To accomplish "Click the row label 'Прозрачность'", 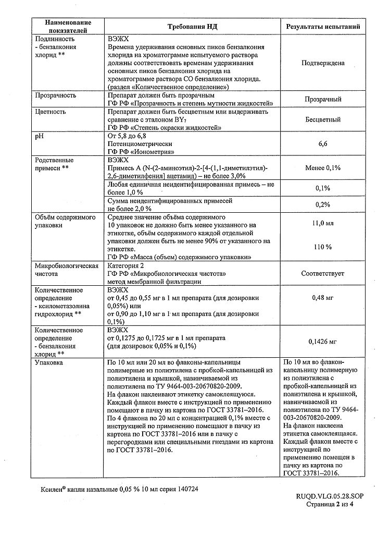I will (55, 95).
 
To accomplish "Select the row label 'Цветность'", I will (50, 112).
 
